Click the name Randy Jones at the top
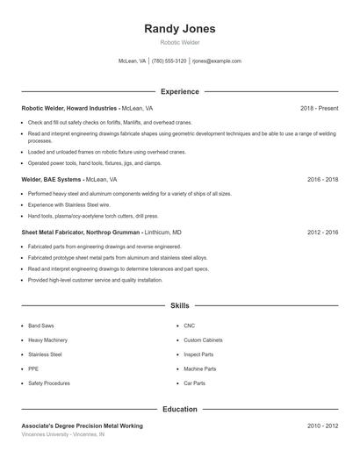pyautogui.click(x=179, y=29)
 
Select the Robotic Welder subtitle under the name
pyautogui.click(x=179, y=42)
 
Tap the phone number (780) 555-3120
pyautogui.click(x=169, y=61)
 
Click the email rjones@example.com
pyautogui.click(x=217, y=61)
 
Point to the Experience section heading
pyautogui.click(x=179, y=91)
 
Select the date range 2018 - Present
pyautogui.click(x=319, y=108)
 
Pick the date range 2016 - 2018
pyautogui.click(x=322, y=179)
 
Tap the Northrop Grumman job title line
pyautogui.click(x=101, y=232)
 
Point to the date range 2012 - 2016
pyautogui.click(x=322, y=232)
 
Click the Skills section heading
pyautogui.click(x=179, y=306)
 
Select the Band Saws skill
pyautogui.click(x=41, y=325)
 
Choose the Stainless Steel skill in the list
pyautogui.click(x=45, y=354)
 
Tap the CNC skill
pyautogui.click(x=189, y=325)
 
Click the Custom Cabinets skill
pyautogui.click(x=204, y=340)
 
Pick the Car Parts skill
pyautogui.click(x=194, y=383)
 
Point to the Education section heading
pyautogui.click(x=179, y=409)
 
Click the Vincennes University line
pyautogui.click(x=62, y=434)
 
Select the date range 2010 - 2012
pyautogui.click(x=322, y=426)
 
